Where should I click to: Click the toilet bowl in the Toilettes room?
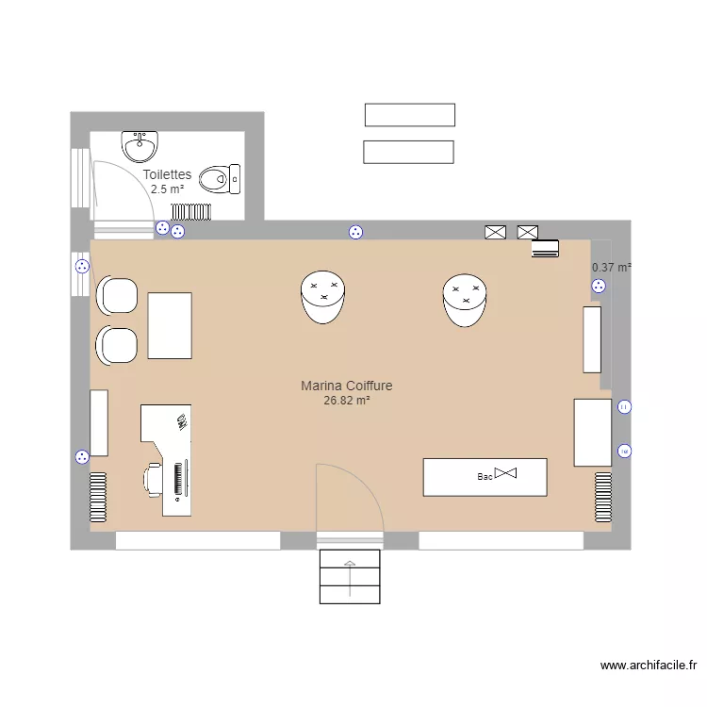point(221,178)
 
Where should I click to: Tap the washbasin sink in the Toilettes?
point(140,147)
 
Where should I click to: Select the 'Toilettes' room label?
point(167,174)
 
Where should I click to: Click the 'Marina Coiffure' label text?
point(346,386)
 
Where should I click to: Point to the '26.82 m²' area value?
point(346,400)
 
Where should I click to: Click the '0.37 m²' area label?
point(611,268)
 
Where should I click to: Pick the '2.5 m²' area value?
point(167,189)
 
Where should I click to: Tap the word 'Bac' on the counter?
point(485,477)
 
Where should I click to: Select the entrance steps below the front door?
point(350,576)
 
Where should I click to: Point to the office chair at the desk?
point(153,479)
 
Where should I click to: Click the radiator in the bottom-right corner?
point(603,497)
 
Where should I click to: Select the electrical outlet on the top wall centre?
point(355,233)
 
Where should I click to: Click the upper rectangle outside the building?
point(410,115)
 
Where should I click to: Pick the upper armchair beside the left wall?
point(117,295)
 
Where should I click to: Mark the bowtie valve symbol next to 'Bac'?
point(507,471)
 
